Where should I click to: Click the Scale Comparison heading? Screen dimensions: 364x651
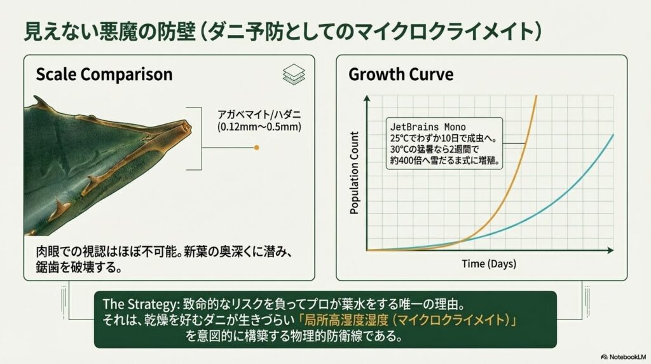[x=104, y=74]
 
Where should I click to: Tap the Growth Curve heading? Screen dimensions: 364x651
[x=401, y=74]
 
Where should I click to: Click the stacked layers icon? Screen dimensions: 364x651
[x=294, y=74]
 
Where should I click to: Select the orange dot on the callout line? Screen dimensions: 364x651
[x=256, y=148]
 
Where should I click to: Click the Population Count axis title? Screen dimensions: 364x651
[x=355, y=172]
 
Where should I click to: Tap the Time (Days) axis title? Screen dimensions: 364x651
[x=488, y=263]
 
